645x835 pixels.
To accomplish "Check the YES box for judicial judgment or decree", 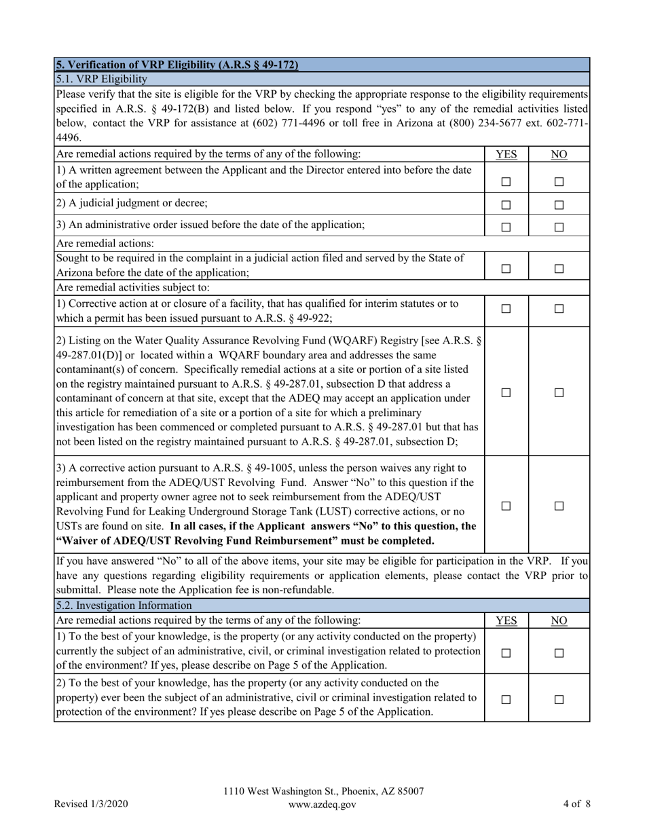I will (x=506, y=205).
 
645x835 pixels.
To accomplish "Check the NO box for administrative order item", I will (x=559, y=228).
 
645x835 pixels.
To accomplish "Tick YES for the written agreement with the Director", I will (x=506, y=182).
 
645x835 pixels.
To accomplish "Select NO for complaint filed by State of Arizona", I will (x=559, y=269).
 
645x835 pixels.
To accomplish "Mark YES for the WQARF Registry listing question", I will (x=506, y=393).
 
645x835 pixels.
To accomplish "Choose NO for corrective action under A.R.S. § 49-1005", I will (x=559, y=506).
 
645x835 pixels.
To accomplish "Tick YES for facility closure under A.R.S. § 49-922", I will (x=506, y=309).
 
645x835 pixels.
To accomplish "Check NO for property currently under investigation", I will (x=559, y=652).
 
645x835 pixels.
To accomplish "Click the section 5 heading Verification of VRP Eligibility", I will (x=177, y=65).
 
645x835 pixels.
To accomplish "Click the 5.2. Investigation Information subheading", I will (x=124, y=605).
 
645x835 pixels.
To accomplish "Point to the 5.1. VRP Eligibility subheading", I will (x=101, y=79).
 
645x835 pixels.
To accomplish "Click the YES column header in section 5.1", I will (x=506, y=154).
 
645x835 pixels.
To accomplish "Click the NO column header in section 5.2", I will (x=559, y=620).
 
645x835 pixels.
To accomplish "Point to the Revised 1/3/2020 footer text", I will (x=91, y=804).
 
